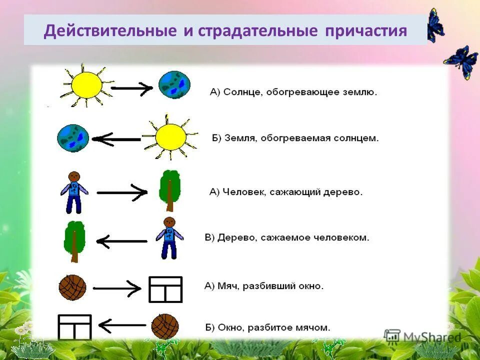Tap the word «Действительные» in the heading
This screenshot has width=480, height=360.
109,31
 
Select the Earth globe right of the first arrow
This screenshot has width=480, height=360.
174,84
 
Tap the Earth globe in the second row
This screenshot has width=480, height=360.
73,137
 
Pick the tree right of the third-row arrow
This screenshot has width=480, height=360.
169,190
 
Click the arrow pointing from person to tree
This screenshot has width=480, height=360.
121,192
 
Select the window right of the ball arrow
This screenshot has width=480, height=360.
165,289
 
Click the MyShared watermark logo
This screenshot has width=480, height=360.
422,337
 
